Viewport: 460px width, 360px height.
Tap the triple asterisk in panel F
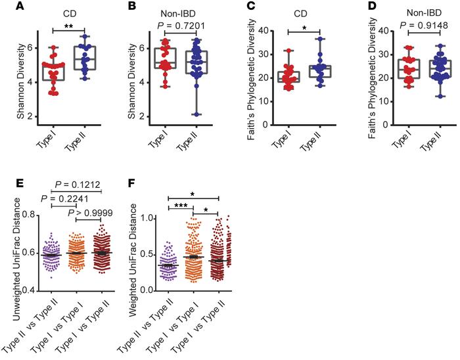click(x=179, y=206)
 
